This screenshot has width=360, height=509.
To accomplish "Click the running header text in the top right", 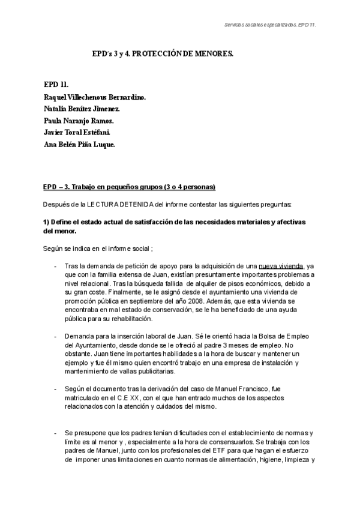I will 266,25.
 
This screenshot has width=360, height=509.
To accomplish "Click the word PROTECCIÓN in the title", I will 157,53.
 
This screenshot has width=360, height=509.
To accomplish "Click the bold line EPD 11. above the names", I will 56,85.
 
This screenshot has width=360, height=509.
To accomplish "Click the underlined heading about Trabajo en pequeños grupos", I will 130,186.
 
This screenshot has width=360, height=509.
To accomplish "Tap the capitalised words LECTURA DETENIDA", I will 122,204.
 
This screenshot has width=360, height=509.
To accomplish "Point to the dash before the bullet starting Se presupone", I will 55,433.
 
